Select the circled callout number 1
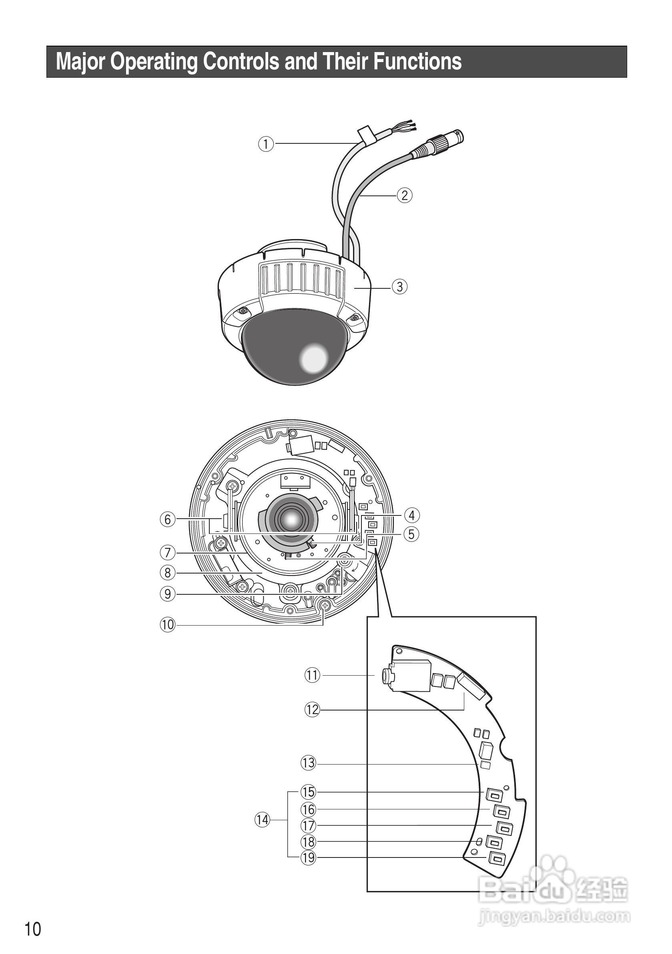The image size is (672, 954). pos(266,144)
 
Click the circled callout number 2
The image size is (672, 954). pos(405,195)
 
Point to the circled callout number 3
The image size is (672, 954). pos(399,287)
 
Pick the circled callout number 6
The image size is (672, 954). pos(168,519)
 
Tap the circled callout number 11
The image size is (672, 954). pos(312,675)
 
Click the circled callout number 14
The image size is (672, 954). pos(263,820)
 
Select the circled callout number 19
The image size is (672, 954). pos(308,857)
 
